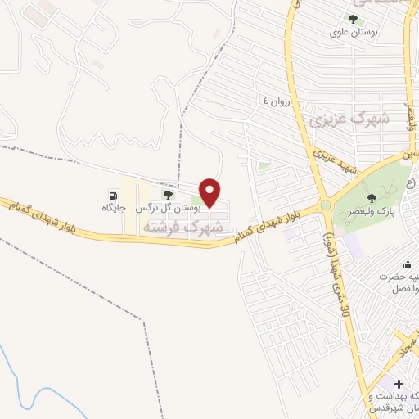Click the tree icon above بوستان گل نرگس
pos(168,195)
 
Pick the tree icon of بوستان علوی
pos(353,19)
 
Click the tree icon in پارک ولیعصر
pos(372,197)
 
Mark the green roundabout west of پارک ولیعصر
pos(326,205)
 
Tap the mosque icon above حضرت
pos(408,264)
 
